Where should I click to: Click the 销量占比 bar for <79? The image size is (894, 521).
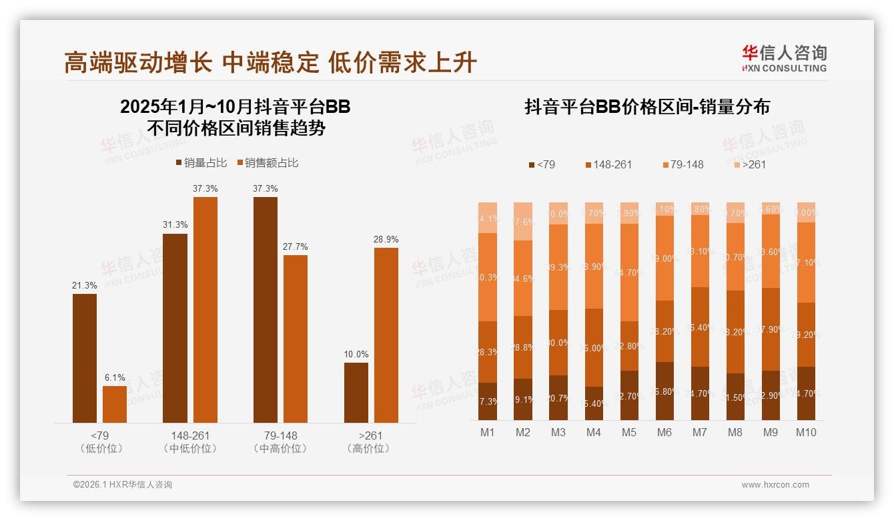click(x=85, y=358)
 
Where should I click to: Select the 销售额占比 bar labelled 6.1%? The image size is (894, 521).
click(x=115, y=404)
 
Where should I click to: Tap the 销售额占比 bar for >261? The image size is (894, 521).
click(x=386, y=335)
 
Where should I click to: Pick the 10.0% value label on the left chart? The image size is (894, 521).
click(x=356, y=354)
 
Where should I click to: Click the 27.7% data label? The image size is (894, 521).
click(x=296, y=246)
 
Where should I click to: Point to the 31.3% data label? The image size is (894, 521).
click(x=175, y=225)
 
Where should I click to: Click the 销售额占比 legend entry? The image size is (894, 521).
click(x=266, y=163)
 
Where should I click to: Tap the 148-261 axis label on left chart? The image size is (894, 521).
click(x=190, y=436)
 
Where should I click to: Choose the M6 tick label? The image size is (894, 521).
click(x=664, y=432)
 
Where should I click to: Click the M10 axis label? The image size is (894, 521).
click(x=806, y=432)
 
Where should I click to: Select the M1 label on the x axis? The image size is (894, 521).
click(x=488, y=432)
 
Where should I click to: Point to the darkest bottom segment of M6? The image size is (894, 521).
click(x=664, y=391)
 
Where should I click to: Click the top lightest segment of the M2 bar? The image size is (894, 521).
click(x=523, y=221)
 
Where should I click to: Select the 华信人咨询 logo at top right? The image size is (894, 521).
click(x=784, y=58)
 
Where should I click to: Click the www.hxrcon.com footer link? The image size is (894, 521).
click(x=775, y=485)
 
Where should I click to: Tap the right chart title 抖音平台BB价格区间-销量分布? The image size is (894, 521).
click(x=647, y=108)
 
